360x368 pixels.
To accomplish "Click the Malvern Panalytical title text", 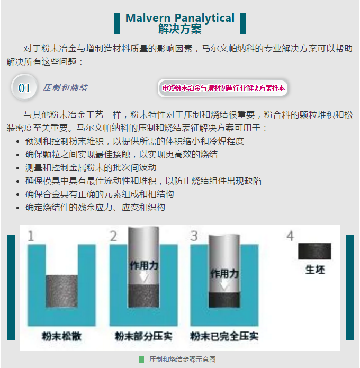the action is click(x=180, y=18).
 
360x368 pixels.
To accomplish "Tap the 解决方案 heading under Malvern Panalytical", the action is click(x=180, y=29).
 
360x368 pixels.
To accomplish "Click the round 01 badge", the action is click(x=24, y=87).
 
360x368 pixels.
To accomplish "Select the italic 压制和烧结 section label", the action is click(x=65, y=87).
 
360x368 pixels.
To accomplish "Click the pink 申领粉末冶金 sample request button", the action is click(x=223, y=88).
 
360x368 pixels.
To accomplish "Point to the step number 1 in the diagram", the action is click(x=31, y=236).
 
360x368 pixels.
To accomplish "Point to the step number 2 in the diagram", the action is click(x=114, y=236).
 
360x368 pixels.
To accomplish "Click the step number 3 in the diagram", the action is click(x=194, y=236).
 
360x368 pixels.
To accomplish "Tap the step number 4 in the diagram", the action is click(x=290, y=236).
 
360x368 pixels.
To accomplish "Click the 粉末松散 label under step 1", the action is click(x=61, y=336).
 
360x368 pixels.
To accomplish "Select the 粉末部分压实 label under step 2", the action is click(x=143, y=336).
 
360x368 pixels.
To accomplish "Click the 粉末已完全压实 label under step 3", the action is click(x=224, y=336).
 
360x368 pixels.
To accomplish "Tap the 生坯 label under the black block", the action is click(x=315, y=270).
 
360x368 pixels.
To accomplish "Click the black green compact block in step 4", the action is click(x=314, y=251).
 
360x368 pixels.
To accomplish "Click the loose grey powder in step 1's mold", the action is click(x=62, y=291).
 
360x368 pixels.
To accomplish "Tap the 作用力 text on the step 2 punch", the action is click(x=144, y=265).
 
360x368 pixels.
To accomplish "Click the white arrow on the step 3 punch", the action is click(x=224, y=285).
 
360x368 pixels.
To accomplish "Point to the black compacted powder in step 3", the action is click(x=224, y=300).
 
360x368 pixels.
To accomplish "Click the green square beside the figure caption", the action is click(x=141, y=360).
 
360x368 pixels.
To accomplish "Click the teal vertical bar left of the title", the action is click(x=117, y=23).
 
